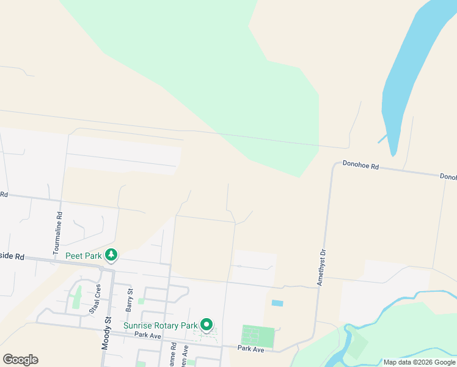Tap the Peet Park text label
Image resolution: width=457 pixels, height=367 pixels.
(x=84, y=256)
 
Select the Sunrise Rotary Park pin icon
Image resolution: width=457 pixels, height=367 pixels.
(x=207, y=325)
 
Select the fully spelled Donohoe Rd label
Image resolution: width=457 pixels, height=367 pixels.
(x=360, y=165)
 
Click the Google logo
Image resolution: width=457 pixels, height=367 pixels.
(x=20, y=360)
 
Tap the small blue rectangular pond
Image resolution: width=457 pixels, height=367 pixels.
(x=277, y=303)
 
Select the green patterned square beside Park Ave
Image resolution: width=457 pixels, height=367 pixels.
(x=258, y=336)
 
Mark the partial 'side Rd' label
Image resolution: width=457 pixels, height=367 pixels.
(x=12, y=257)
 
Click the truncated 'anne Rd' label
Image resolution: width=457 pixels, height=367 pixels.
(x=174, y=355)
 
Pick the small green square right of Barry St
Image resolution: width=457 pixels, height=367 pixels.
(x=141, y=301)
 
